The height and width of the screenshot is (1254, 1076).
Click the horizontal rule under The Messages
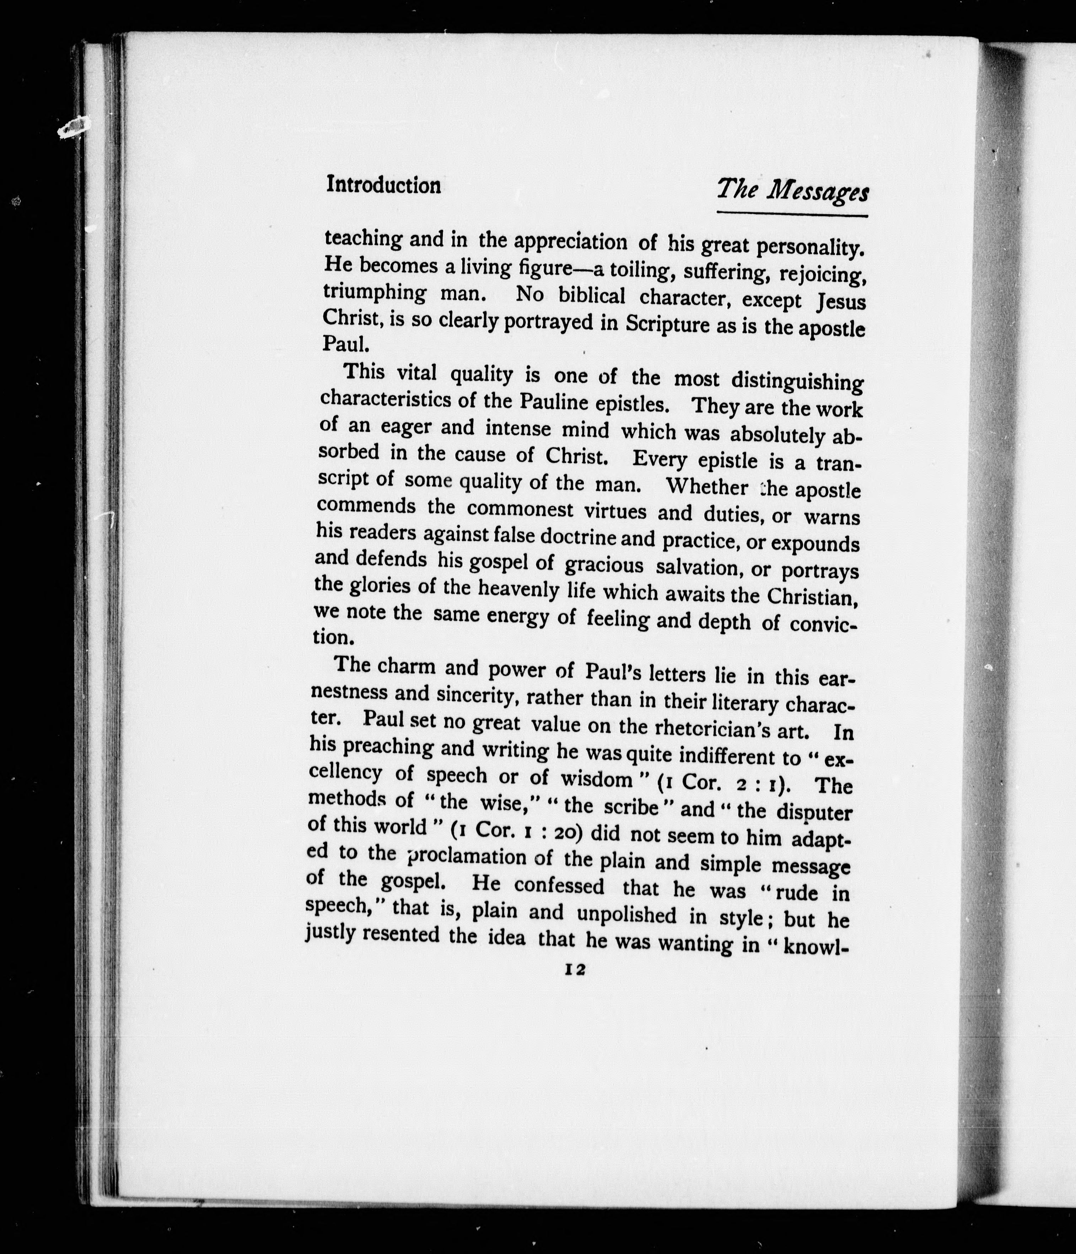(x=792, y=214)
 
